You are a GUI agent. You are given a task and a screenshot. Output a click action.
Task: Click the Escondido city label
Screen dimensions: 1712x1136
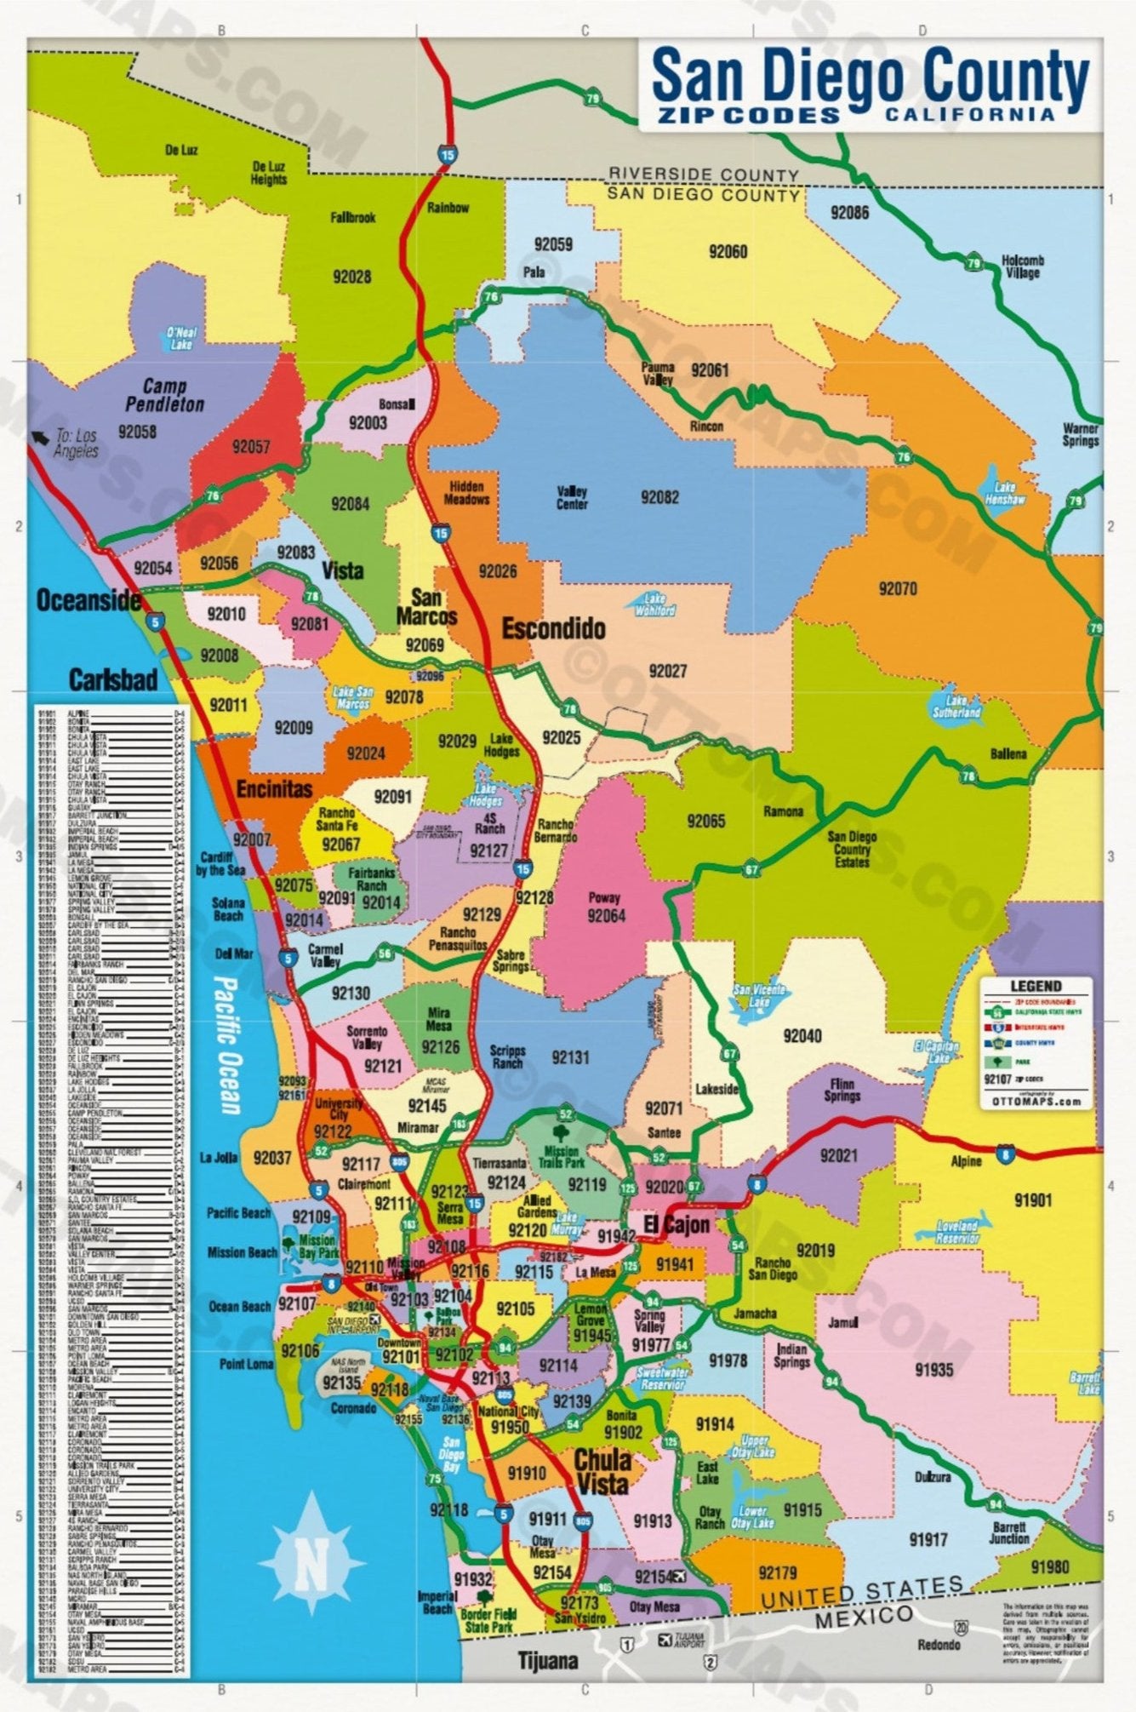click(x=553, y=629)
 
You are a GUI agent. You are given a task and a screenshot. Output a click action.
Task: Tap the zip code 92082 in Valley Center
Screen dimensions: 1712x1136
click(x=659, y=496)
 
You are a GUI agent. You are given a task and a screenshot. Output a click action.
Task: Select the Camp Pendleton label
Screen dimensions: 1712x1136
click(x=165, y=396)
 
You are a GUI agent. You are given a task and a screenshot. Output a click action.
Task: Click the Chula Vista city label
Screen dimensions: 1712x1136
click(x=602, y=1471)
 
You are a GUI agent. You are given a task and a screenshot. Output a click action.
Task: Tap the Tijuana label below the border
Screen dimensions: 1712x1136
click(x=548, y=1660)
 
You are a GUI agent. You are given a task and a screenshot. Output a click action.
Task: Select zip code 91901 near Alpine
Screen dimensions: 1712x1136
click(x=1033, y=1200)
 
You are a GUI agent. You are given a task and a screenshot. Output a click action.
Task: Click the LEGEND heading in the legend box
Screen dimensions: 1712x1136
click(x=1036, y=986)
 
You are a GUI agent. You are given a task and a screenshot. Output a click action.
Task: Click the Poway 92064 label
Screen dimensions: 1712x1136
click(x=605, y=908)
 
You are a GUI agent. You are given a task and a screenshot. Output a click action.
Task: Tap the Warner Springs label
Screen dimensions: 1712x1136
click(x=1080, y=434)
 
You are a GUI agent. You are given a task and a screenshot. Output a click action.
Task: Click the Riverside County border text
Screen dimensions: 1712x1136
click(x=703, y=175)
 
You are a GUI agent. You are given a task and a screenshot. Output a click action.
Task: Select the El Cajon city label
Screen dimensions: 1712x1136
click(x=676, y=1225)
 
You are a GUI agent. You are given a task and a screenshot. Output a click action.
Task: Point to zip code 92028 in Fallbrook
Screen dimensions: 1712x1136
click(x=351, y=277)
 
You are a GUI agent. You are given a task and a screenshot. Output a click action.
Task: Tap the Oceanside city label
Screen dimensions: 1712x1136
click(x=88, y=600)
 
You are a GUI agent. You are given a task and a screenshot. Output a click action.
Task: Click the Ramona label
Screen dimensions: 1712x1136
click(x=783, y=811)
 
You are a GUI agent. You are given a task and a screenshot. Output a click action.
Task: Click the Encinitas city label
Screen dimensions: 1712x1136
click(x=274, y=788)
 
